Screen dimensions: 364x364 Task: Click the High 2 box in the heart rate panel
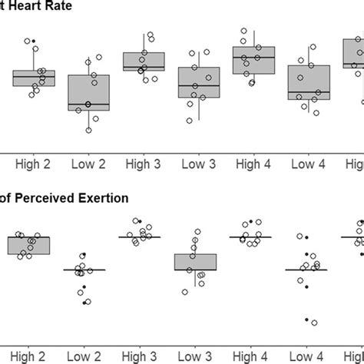click(34, 78)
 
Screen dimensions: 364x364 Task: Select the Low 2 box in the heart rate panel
click(88, 92)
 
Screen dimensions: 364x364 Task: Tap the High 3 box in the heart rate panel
click(144, 61)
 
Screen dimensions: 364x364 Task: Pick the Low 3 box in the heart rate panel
click(199, 82)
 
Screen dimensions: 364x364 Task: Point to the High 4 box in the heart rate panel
click(254, 60)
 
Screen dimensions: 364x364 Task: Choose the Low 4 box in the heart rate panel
click(309, 83)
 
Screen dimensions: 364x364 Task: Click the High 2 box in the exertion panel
click(29, 245)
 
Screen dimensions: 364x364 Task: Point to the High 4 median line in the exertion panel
click(250, 237)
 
